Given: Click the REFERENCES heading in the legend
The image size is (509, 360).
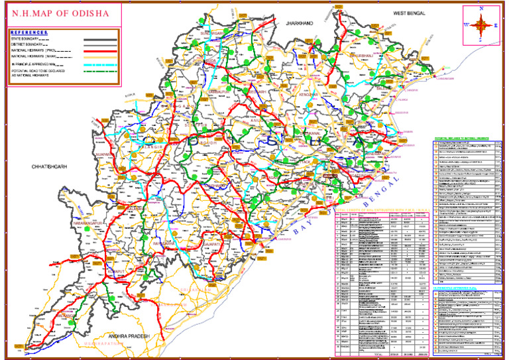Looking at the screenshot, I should click(30, 32).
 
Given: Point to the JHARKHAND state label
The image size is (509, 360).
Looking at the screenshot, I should click(299, 23).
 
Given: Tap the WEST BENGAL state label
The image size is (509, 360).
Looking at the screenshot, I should click(408, 13).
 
